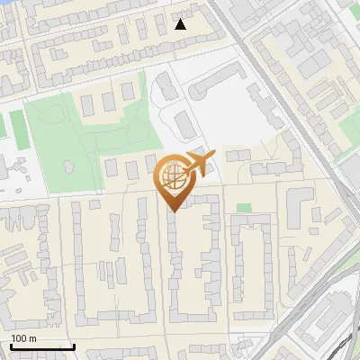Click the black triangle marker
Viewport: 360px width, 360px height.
pos(181,24)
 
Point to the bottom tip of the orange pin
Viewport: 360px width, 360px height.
pos(173,211)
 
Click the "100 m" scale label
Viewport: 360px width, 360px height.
pos(23,337)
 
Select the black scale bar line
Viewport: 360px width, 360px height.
pos(41,346)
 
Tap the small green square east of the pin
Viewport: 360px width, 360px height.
pos(244,208)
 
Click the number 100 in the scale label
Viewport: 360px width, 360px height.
pos(19,337)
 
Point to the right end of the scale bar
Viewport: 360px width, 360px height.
pos(74,346)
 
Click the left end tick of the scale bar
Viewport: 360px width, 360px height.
pos(10,346)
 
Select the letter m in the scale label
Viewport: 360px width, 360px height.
pos(33,338)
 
